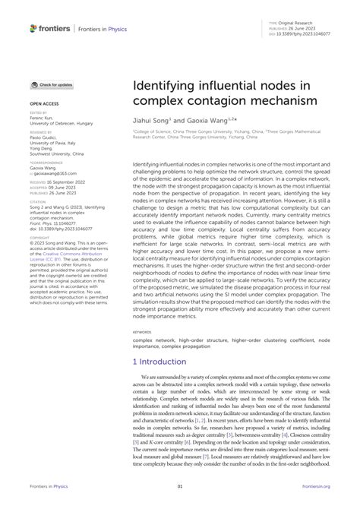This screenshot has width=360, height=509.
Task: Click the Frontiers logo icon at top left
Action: [x=33, y=28]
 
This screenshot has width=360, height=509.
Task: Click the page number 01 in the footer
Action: [x=180, y=486]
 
